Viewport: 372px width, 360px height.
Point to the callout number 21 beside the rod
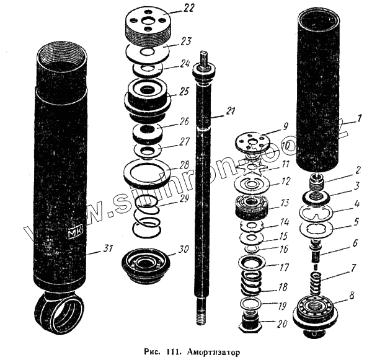pyautogui.click(x=231, y=112)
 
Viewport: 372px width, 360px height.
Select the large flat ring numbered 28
pyautogui.click(x=148, y=172)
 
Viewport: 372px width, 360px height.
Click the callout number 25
pyautogui.click(x=184, y=91)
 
